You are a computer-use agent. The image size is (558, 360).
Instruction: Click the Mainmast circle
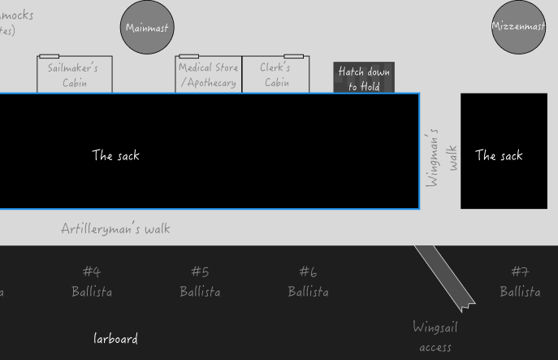click(x=147, y=28)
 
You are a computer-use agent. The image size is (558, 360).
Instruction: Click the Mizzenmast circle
click(x=518, y=27)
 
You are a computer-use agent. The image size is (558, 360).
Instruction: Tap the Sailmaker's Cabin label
click(x=73, y=75)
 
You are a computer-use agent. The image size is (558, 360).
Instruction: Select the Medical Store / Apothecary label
click(x=208, y=75)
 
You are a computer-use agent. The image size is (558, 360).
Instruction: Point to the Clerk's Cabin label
click(x=276, y=75)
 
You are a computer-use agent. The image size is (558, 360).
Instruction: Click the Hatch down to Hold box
click(x=364, y=78)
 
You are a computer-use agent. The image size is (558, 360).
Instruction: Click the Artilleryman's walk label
click(x=115, y=228)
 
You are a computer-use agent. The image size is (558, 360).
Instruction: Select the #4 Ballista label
click(x=92, y=281)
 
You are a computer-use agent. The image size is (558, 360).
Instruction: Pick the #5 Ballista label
click(x=200, y=281)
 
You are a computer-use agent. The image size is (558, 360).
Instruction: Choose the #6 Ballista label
click(x=308, y=281)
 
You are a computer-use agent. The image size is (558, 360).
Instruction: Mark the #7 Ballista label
click(x=520, y=281)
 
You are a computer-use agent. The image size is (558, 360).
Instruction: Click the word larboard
click(x=115, y=339)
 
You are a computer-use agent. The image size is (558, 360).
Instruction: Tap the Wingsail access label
click(x=435, y=336)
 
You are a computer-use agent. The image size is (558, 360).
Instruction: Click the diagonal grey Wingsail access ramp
click(x=444, y=277)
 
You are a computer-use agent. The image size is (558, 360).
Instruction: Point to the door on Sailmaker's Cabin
click(x=49, y=56)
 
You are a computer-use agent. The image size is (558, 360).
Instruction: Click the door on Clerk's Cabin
click(x=293, y=56)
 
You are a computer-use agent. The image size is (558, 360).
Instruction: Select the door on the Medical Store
click(x=188, y=56)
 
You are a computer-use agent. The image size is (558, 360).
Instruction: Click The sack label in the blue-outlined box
click(x=115, y=155)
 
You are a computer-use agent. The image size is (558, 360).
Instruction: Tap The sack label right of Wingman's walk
click(x=499, y=155)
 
